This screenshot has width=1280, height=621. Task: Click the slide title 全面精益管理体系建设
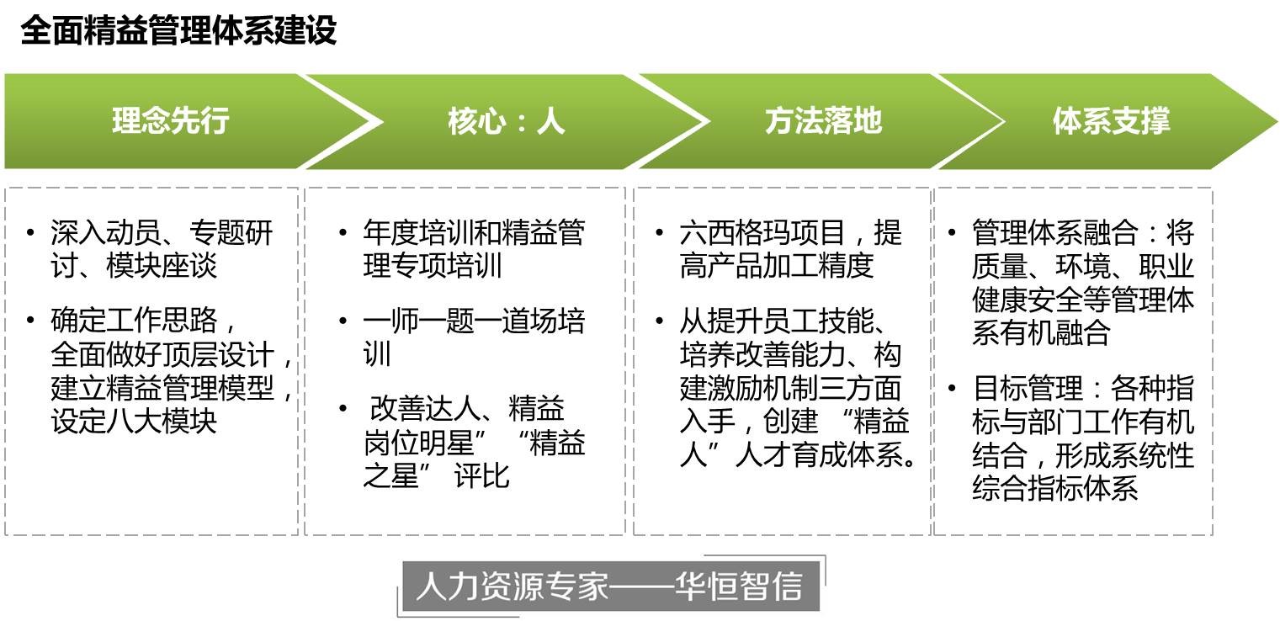coord(178,30)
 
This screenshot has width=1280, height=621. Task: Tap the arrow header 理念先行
coord(170,120)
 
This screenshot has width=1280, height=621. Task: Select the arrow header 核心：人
coord(507,121)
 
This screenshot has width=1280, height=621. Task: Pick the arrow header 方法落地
coord(823,120)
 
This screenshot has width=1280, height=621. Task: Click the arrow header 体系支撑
coord(1112,120)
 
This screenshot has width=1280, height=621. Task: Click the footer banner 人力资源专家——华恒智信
coord(610,586)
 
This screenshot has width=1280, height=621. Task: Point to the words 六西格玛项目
coord(762,232)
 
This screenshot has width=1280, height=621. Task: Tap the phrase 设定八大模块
coord(134,422)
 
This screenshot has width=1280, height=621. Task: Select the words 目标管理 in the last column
coord(1028,389)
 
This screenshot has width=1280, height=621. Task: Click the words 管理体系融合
coord(1054,232)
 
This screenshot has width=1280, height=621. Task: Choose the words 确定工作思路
coord(134,320)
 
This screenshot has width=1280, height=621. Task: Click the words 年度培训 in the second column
coord(419,232)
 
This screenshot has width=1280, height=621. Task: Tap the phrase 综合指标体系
coord(1054,488)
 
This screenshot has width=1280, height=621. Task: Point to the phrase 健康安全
coord(1028,300)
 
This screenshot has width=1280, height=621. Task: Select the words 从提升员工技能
coord(777,321)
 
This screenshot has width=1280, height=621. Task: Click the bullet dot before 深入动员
coord(30,232)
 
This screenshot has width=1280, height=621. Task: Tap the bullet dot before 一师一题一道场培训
coord(343,321)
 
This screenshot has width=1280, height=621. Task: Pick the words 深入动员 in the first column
coord(106,232)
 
